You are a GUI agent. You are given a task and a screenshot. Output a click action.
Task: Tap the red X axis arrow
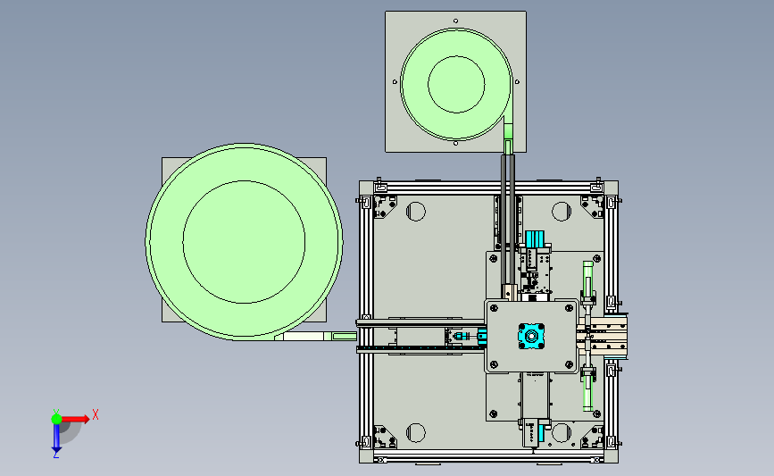(75, 419)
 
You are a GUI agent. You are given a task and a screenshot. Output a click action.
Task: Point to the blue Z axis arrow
(56, 438)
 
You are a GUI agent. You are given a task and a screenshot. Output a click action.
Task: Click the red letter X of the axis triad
(96, 414)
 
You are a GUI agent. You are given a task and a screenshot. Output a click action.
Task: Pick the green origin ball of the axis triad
(56, 419)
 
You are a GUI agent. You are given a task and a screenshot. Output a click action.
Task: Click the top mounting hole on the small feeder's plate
(455, 21)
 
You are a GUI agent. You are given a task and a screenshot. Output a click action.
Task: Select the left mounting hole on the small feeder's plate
(395, 82)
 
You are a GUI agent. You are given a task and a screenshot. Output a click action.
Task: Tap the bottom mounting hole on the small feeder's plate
(455, 143)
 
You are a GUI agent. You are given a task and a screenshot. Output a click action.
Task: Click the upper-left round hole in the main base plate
(416, 212)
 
